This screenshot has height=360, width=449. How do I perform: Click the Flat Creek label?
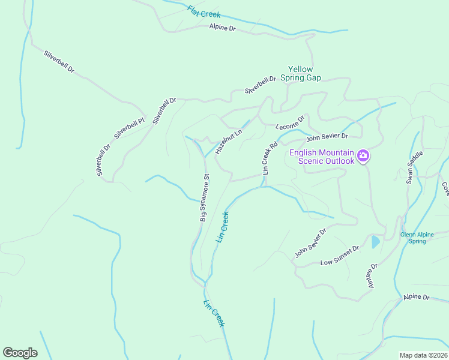click(x=203, y=11)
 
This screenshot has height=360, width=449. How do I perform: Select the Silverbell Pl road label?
click(x=130, y=126)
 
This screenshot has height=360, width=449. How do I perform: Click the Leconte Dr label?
click(x=291, y=122)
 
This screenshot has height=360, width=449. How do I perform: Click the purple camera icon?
click(x=363, y=157)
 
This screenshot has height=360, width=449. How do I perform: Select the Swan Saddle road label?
click(x=415, y=167)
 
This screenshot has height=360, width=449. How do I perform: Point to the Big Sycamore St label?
click(x=205, y=198)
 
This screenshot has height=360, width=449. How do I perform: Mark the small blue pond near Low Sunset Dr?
click(x=375, y=242)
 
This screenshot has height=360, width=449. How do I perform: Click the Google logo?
click(x=20, y=352)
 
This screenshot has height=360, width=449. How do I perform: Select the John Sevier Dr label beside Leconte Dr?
click(x=327, y=137)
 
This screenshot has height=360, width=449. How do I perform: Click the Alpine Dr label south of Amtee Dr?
click(x=417, y=297)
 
